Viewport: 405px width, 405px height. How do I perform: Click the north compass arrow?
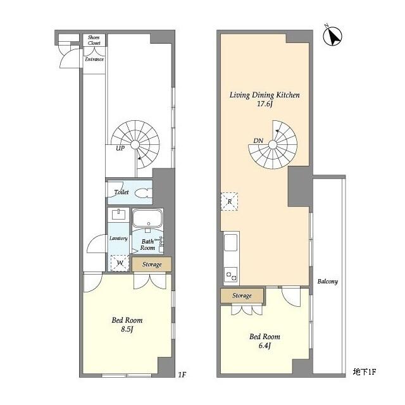click(333, 36)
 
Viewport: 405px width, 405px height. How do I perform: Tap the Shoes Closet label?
click(94, 40)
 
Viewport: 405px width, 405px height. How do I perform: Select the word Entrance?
click(94, 59)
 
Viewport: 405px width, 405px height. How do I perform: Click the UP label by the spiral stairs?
click(120, 148)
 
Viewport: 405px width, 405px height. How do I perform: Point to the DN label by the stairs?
click(258, 140)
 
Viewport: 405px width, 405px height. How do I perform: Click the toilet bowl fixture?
click(144, 193)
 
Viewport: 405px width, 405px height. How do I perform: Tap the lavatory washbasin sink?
click(118, 215)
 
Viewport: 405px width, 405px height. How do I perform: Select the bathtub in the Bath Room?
click(147, 218)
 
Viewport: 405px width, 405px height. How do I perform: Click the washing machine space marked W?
click(120, 263)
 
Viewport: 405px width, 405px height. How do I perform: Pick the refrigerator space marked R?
click(229, 201)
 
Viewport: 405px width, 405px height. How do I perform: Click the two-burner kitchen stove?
click(231, 276)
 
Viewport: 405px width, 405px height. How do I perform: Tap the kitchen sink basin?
click(230, 242)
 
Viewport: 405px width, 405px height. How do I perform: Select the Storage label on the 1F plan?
click(152, 265)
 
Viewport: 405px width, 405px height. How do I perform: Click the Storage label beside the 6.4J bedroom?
click(242, 296)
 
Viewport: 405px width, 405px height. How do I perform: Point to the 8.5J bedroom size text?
click(127, 329)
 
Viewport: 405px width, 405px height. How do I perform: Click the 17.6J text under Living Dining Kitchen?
click(265, 104)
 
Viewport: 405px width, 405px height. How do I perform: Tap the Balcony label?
click(328, 281)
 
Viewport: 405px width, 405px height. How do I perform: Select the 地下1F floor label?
click(364, 371)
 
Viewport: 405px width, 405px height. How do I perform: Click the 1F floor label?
click(182, 375)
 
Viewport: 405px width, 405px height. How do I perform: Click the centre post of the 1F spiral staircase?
click(135, 145)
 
